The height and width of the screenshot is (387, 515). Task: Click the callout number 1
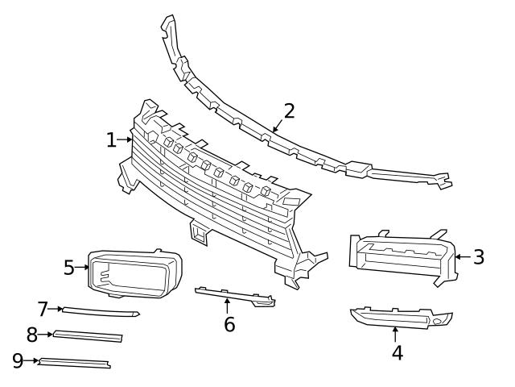[111, 140]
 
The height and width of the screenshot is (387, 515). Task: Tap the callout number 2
[289, 111]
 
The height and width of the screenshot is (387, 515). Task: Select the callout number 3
[479, 257]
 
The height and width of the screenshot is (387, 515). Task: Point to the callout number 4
[397, 352]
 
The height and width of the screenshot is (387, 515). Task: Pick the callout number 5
[69, 266]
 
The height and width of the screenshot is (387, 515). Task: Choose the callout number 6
[229, 325]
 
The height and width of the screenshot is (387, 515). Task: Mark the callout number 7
[43, 308]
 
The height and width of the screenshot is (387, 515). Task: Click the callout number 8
[32, 334]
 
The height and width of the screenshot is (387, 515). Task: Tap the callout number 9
[18, 360]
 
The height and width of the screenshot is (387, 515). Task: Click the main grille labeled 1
[217, 202]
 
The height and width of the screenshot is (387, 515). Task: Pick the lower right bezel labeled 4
[398, 317]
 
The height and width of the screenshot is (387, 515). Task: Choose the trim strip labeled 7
[101, 310]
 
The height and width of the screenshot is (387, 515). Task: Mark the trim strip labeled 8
[89, 335]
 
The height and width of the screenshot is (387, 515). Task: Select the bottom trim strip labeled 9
[74, 364]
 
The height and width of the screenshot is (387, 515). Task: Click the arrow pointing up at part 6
[228, 306]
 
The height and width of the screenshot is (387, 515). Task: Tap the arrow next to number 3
[461, 257]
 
